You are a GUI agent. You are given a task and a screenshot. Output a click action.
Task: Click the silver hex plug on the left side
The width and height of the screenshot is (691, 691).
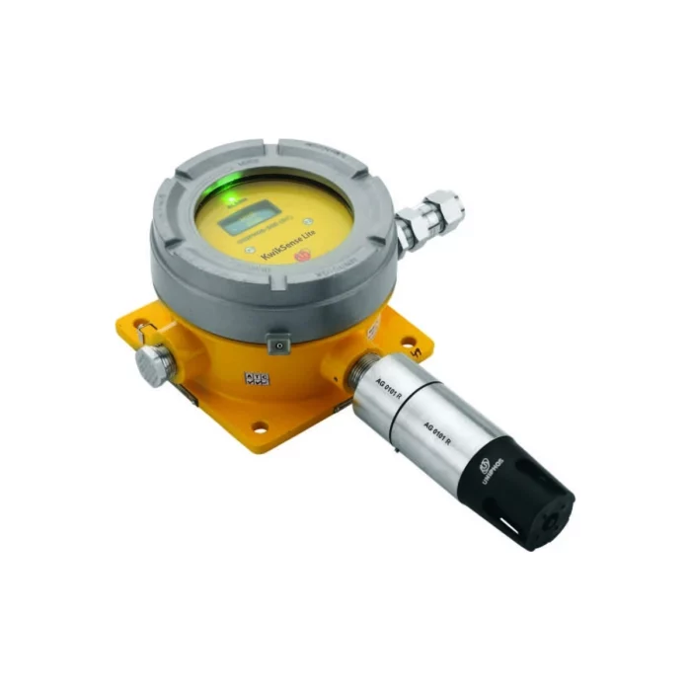pos(157,359)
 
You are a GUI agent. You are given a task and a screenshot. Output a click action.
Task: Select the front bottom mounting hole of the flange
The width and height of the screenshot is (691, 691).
pos(259,428)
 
